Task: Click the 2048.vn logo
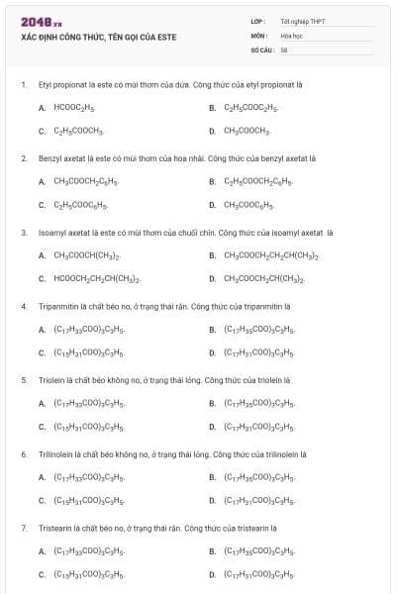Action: [41, 21]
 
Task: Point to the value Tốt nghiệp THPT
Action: [303, 21]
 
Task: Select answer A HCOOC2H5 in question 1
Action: [73, 107]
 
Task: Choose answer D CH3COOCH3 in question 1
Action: [247, 131]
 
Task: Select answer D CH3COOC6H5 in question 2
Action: [248, 205]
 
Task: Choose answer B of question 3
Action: [271, 255]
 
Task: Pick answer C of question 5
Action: [88, 428]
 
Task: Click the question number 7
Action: [24, 529]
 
